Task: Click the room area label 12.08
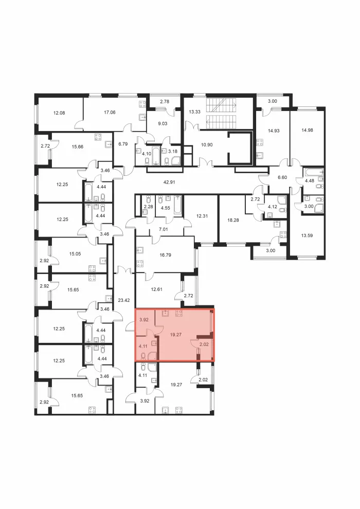pyautogui.click(x=59, y=113)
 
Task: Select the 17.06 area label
pyautogui.click(x=110, y=112)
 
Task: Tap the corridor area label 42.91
pyautogui.click(x=169, y=182)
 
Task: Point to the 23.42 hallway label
pyautogui.click(x=123, y=300)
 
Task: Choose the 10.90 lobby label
pyautogui.click(x=207, y=145)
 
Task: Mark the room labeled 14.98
pyautogui.click(x=307, y=130)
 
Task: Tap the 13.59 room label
pyautogui.click(x=307, y=235)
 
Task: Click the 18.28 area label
pyautogui.click(x=233, y=220)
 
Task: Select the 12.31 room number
pyautogui.click(x=202, y=215)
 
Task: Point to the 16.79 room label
pyautogui.click(x=165, y=255)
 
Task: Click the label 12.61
pyautogui.click(x=156, y=289)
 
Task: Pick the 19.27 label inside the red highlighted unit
pyautogui.click(x=175, y=334)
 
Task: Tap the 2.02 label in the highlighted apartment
pyautogui.click(x=204, y=344)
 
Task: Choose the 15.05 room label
pyautogui.click(x=75, y=254)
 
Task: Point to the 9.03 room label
pyautogui.click(x=163, y=123)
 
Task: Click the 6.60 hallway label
pyautogui.click(x=283, y=177)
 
